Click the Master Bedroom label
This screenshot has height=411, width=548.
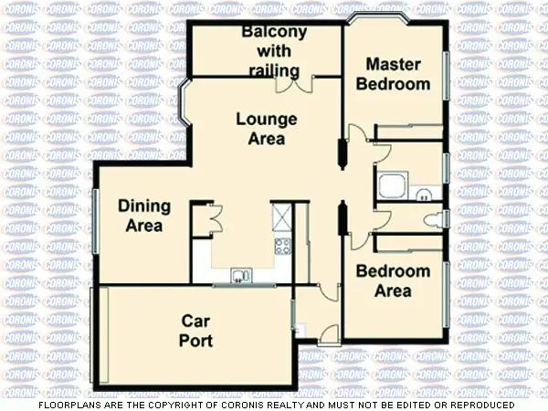[x=393, y=74]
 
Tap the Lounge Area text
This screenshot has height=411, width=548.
[x=267, y=129]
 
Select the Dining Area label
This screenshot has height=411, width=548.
[x=141, y=216]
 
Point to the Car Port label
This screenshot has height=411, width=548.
[x=196, y=331]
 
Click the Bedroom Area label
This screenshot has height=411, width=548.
[x=393, y=281]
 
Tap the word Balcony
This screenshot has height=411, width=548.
[x=274, y=33]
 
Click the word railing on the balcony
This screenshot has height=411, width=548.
[x=273, y=71]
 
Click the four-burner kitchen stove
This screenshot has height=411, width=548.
[x=282, y=245]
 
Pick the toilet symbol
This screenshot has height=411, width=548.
[x=436, y=219]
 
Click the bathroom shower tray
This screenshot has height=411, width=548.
[x=392, y=186]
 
